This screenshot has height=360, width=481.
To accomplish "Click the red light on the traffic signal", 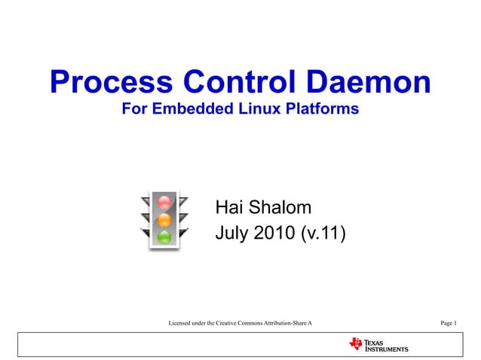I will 165,203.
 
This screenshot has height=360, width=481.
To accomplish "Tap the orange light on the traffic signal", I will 165,220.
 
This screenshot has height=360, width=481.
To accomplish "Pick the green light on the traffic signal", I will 165,237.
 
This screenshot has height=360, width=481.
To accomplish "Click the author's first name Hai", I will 231,208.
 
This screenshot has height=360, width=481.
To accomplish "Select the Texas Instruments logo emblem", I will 355,344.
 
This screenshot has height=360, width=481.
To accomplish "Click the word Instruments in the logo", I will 387,349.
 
